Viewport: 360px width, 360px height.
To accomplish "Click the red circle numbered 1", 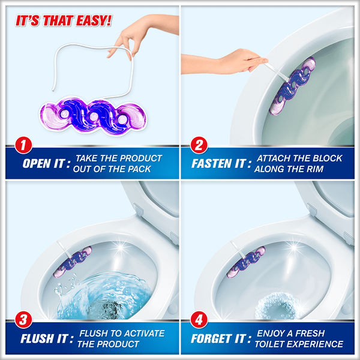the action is pos(23,145).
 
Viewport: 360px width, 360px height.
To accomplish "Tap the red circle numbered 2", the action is pos(199,145).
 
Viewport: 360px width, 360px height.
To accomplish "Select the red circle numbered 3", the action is pos(23,320).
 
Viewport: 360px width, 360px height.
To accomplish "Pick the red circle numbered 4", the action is pos(199,320).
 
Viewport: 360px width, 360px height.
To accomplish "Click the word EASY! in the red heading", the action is pos(94,20).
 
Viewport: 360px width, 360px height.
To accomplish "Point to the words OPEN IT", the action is pos(44,164).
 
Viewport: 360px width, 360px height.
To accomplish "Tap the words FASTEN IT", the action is pos(218,164).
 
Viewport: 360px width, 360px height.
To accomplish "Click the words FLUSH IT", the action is pos(44,338).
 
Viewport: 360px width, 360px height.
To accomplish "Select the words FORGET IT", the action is pos(218,338).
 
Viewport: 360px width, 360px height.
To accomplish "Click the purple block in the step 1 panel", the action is pos(93,116).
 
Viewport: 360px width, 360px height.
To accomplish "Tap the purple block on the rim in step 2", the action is pos(292,86).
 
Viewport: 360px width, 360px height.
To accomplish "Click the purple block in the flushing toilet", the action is pos(73,262).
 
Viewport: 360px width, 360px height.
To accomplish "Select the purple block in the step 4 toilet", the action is pos(246,262).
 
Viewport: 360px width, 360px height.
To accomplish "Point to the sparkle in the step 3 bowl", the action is pos(120,248).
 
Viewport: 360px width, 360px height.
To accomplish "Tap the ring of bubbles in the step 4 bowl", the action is pos(278,305).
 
